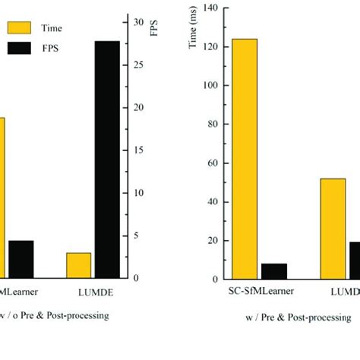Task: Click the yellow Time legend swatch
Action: point(19,29)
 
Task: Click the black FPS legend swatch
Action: point(19,49)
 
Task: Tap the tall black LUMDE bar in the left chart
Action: point(106,159)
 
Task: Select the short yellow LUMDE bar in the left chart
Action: point(78,265)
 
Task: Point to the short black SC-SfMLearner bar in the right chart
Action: point(274,270)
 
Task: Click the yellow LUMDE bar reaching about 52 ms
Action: point(333,228)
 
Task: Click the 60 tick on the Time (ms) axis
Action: point(210,163)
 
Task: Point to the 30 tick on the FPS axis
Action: point(137,22)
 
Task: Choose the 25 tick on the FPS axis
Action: point(137,65)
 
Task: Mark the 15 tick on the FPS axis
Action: point(137,150)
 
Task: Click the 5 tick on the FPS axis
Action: point(136,235)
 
